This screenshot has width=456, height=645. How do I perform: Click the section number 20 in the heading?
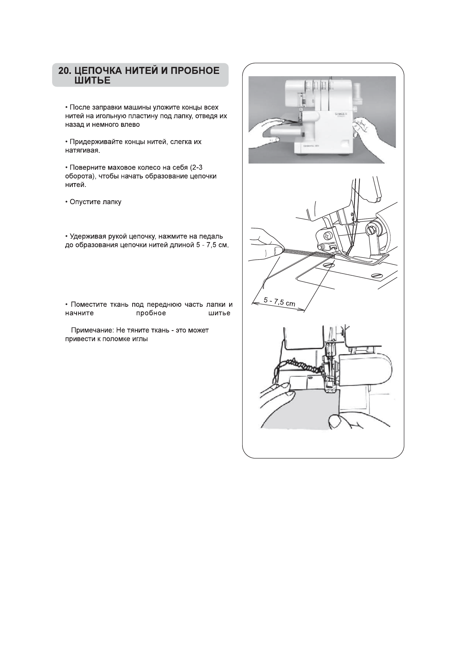[64, 71]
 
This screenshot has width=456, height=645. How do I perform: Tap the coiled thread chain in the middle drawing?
[303, 253]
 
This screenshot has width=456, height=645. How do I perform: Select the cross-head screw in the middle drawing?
[328, 234]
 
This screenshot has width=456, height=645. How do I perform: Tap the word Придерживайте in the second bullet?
[92, 142]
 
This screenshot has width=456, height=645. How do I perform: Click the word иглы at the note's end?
[141, 339]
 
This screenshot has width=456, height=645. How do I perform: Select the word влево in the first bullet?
[131, 124]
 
